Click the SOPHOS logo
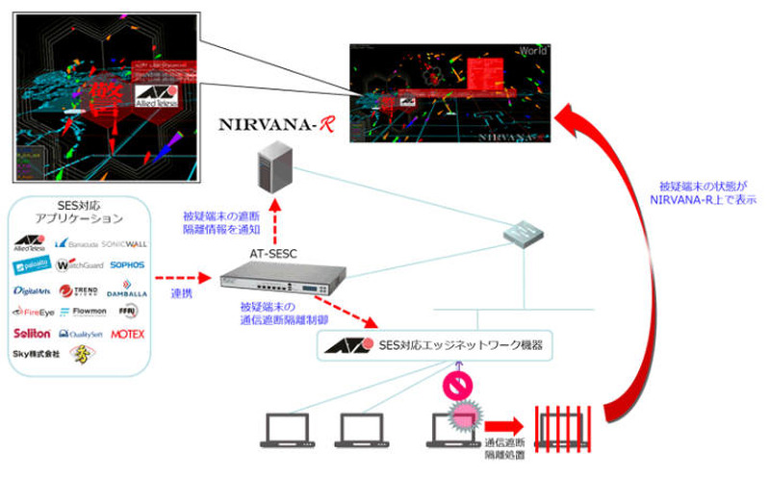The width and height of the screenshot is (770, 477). [128, 264]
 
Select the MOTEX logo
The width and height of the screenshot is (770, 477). [127, 335]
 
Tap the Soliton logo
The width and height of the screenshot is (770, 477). [31, 335]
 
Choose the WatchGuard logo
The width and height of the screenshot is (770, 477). [79, 264]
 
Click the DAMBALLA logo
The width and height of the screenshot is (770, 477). [127, 289]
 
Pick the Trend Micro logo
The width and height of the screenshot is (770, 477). [79, 289]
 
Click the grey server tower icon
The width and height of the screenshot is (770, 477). [273, 171]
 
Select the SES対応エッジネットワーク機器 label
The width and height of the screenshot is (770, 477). [452, 344]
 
